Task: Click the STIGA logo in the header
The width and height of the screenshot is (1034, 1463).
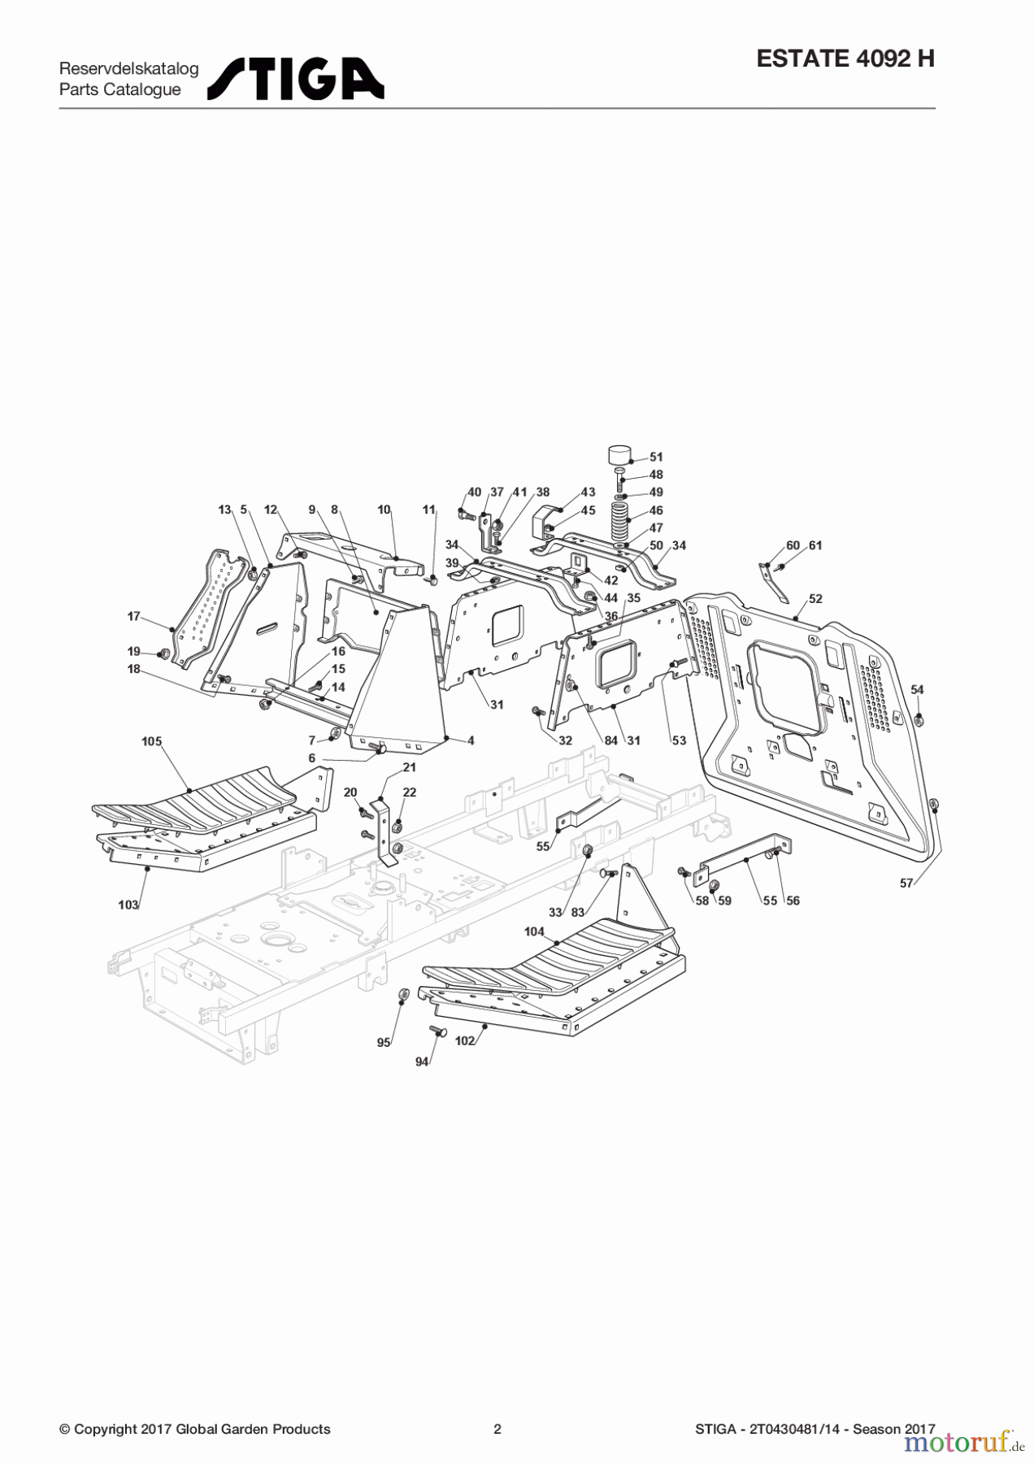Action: (296, 79)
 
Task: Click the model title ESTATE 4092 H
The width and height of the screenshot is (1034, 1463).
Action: (845, 59)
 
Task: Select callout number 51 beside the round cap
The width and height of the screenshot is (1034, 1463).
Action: (656, 458)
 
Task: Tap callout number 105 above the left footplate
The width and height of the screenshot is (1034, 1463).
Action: (151, 741)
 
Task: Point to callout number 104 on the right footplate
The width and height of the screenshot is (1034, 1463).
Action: (534, 931)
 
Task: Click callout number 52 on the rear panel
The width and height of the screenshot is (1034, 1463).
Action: (815, 599)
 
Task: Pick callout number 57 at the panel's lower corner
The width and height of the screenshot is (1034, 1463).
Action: (906, 883)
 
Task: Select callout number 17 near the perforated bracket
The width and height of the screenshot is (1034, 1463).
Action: (134, 616)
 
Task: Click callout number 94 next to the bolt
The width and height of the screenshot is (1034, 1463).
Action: (421, 1061)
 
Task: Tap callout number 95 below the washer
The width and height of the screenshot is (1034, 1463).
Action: (384, 1043)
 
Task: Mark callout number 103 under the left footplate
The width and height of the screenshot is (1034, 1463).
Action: (128, 905)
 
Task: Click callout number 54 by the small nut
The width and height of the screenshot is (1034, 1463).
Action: (917, 689)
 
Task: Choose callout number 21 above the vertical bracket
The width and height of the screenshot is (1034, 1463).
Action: (410, 767)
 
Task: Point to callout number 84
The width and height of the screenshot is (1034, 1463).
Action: (610, 740)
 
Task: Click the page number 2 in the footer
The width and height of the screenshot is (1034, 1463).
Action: (497, 1429)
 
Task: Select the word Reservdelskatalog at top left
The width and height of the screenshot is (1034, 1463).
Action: (128, 68)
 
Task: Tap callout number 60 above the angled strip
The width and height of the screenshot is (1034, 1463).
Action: (793, 545)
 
